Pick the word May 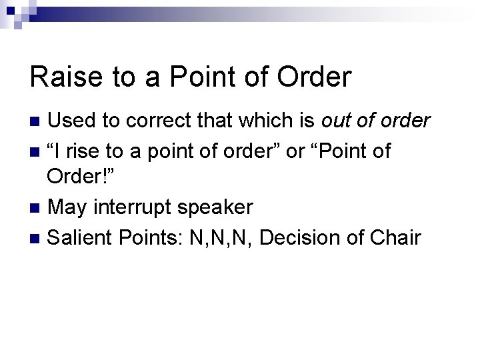click(68, 207)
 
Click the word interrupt click(134, 207)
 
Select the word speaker click(217, 207)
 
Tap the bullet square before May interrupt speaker click(37, 208)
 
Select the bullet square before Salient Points click(37, 237)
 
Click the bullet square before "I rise click(37, 151)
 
